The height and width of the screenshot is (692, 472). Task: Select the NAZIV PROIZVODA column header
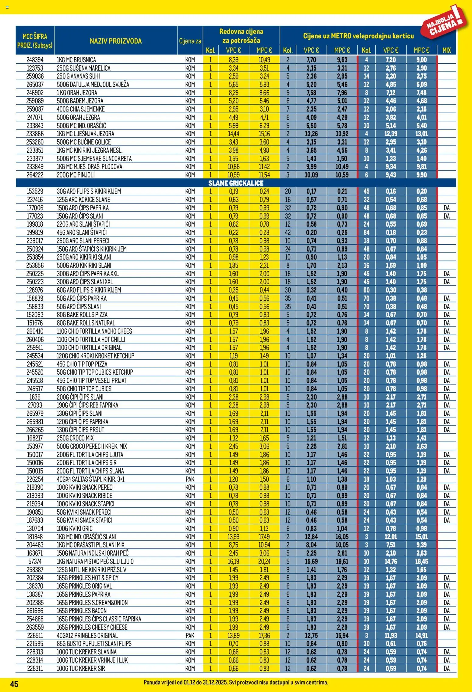tap(115, 41)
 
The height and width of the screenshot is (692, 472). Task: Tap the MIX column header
tap(446, 50)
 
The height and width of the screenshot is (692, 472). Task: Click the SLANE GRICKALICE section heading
tap(236, 183)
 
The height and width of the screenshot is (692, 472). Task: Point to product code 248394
tap(35, 60)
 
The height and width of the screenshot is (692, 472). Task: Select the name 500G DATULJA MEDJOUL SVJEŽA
tap(93, 85)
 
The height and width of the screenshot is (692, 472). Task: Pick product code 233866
tap(35, 134)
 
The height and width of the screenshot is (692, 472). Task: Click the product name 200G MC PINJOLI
tap(76, 175)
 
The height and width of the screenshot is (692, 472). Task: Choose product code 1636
tap(35, 397)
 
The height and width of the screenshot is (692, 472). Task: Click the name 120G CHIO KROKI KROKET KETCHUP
tap(95, 356)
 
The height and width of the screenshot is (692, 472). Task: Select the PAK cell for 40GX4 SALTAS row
tap(190, 479)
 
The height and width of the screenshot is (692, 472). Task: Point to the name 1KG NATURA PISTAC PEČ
tap(95, 561)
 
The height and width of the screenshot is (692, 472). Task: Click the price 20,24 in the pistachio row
tap(264, 561)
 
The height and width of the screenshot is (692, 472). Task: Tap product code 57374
tap(35, 561)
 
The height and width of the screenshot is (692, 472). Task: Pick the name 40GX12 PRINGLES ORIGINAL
tap(87, 635)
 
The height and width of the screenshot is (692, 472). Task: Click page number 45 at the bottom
tap(14, 684)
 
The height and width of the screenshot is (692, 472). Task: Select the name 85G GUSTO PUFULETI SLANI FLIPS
tap(94, 644)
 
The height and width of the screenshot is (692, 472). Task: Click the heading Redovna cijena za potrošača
tap(241, 36)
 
